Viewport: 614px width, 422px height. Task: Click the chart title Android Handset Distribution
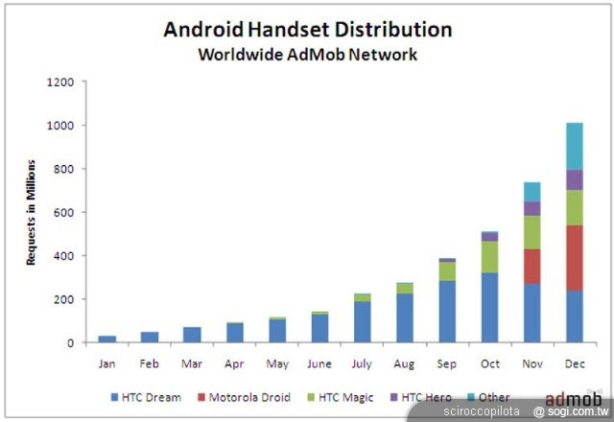[307, 29]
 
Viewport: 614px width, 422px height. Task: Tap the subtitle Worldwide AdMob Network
[307, 55]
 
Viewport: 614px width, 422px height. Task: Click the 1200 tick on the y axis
[59, 82]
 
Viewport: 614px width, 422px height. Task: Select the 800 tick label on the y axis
[63, 169]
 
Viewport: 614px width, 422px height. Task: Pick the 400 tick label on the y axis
[63, 256]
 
